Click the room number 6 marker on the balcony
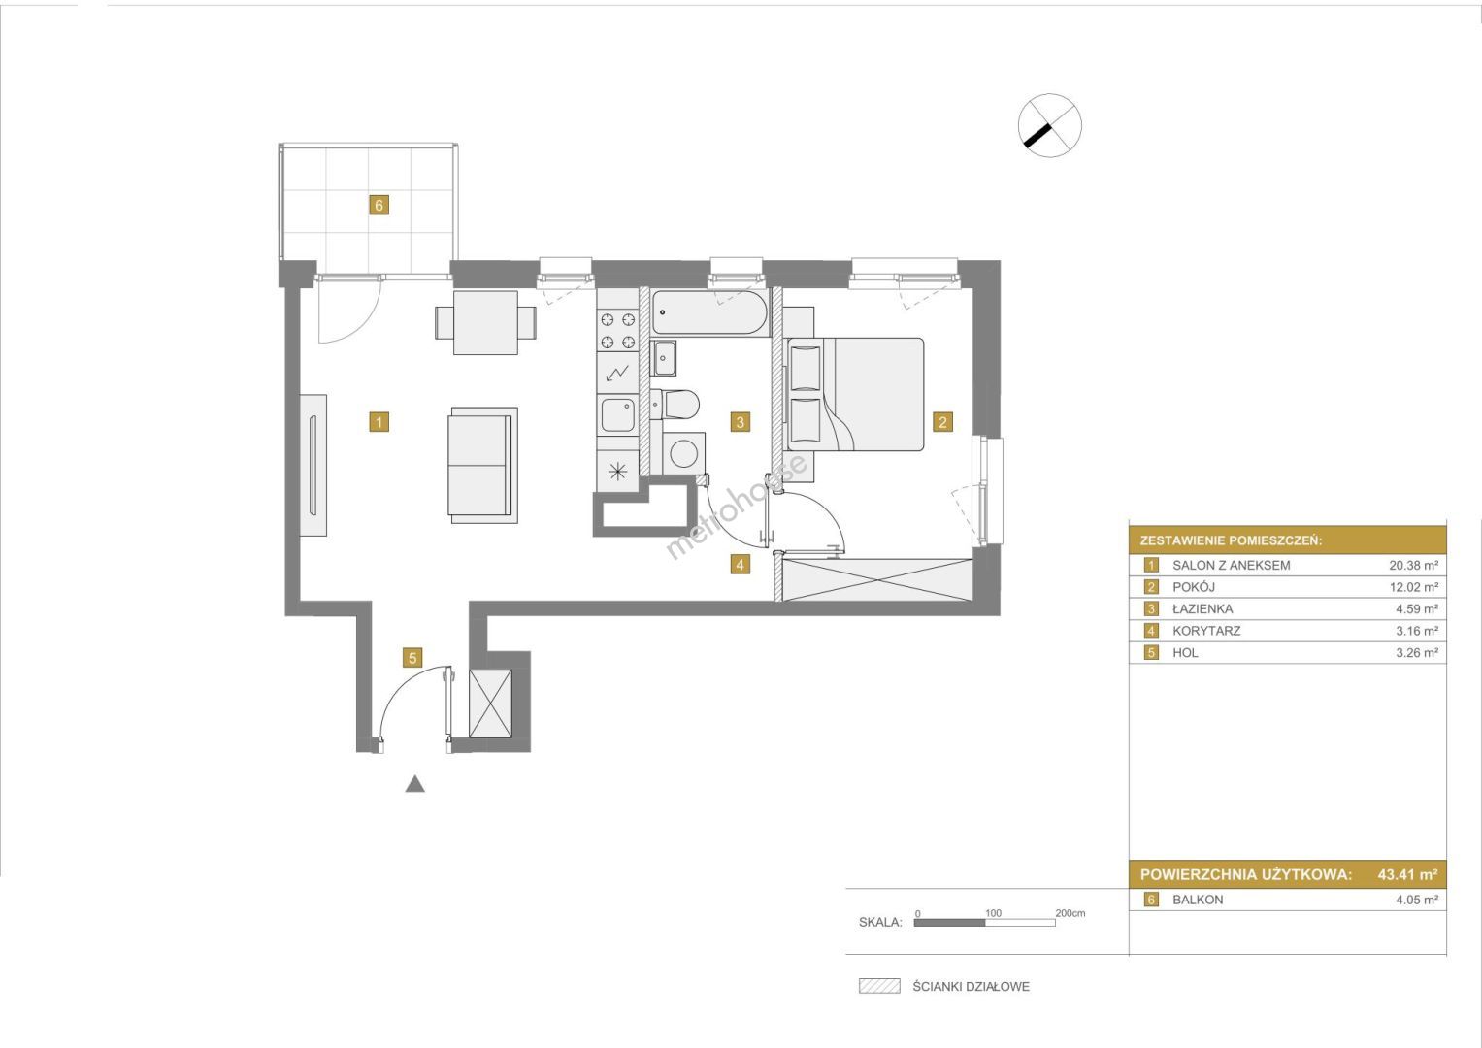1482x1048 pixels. (379, 205)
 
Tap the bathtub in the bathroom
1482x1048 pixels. (709, 312)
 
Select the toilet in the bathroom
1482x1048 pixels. (675, 404)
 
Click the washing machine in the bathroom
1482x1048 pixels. (683, 453)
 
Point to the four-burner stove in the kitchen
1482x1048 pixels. (617, 332)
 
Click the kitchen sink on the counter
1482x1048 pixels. (618, 414)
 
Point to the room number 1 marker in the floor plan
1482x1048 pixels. (379, 422)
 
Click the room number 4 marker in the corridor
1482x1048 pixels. (741, 565)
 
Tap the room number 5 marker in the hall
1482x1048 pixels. (412, 658)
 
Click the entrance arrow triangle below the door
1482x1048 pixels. (414, 784)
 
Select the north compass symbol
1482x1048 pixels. (1049, 126)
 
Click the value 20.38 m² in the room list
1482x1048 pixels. (1413, 565)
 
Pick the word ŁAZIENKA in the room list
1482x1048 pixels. (1202, 608)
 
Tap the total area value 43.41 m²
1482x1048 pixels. (1407, 874)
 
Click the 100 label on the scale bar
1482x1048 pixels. (993, 913)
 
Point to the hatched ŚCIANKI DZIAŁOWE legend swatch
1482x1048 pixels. (879, 987)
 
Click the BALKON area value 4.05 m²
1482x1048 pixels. (1417, 900)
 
